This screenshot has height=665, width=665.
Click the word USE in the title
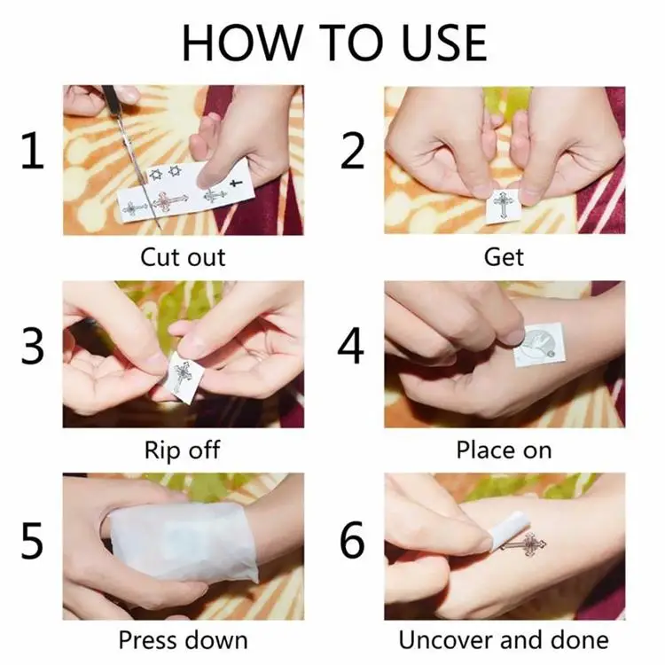pyautogui.click(x=443, y=43)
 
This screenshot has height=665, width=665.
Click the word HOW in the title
pyautogui.click(x=240, y=43)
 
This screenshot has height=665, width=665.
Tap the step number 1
pyautogui.click(x=33, y=151)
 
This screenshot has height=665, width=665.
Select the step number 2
pyautogui.click(x=352, y=151)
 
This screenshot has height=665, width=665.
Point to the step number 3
pyautogui.click(x=33, y=346)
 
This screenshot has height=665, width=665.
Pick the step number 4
pyautogui.click(x=351, y=346)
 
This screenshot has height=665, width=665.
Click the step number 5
pyautogui.click(x=33, y=540)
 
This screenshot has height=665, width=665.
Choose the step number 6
pyautogui.click(x=352, y=540)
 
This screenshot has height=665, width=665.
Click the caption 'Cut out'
pyautogui.click(x=183, y=257)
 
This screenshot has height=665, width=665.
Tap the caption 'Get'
pyautogui.click(x=504, y=257)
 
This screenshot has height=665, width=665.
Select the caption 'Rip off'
pyautogui.click(x=183, y=450)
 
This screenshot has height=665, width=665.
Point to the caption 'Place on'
pyautogui.click(x=504, y=450)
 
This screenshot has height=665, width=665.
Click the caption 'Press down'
pyautogui.click(x=183, y=640)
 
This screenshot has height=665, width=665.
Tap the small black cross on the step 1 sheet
pyautogui.click(x=236, y=184)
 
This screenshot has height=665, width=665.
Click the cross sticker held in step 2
pyautogui.click(x=503, y=207)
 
